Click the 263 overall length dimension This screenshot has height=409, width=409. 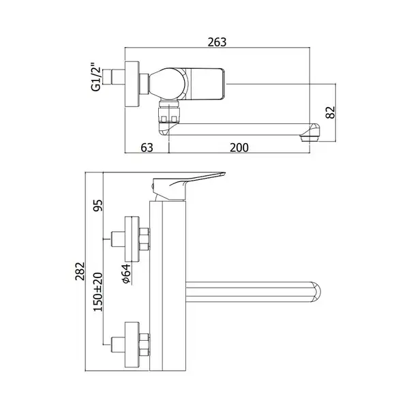(217, 42)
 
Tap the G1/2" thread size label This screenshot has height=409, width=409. (95, 76)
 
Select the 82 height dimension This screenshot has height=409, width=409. (331, 112)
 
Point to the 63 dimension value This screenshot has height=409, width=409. (147, 148)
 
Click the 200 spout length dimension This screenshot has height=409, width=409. (239, 148)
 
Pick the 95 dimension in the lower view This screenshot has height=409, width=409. (98, 204)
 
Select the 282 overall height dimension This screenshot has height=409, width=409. (80, 271)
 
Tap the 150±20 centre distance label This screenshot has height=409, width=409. (98, 292)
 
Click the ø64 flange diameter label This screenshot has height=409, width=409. (125, 273)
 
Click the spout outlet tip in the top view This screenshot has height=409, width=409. (309, 138)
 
